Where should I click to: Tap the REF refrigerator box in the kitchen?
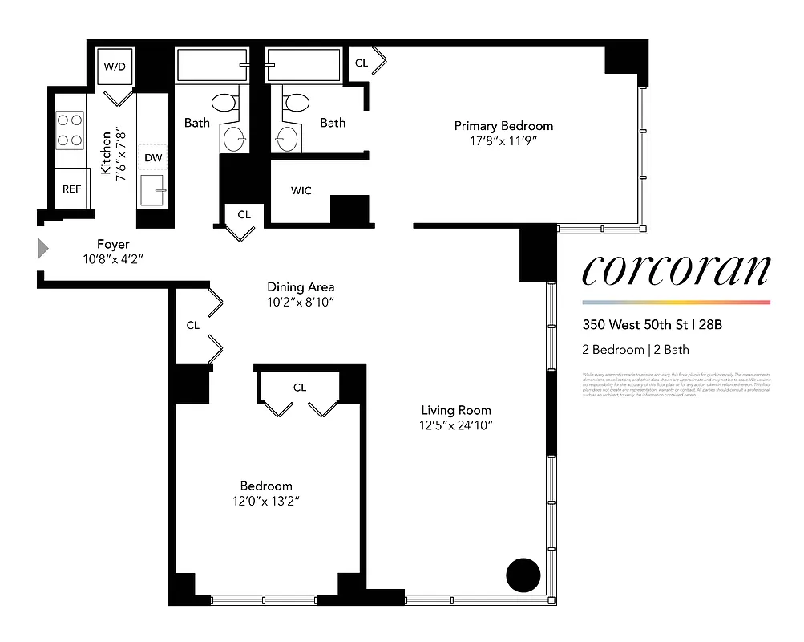[x=72, y=189]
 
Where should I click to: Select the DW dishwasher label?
[x=153, y=158]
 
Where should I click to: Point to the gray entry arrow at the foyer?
[x=43, y=249]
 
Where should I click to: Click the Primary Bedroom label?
[x=503, y=126]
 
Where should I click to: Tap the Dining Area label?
[x=301, y=286]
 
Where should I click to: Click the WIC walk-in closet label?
[x=301, y=191]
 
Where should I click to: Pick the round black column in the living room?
[x=523, y=574]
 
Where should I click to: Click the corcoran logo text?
[x=676, y=271]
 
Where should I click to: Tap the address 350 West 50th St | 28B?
[x=652, y=326]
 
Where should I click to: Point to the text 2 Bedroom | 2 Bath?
[x=636, y=350]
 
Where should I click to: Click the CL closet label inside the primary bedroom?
[x=362, y=63]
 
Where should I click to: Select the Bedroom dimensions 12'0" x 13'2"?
[x=266, y=501]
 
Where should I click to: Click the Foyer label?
[x=113, y=244]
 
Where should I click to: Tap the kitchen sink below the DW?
[x=152, y=191]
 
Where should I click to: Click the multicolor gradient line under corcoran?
[x=676, y=303]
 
